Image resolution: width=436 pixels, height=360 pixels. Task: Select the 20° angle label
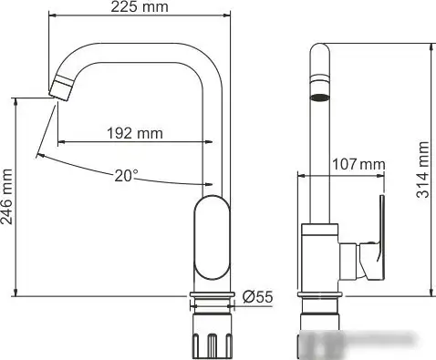pos(127,174)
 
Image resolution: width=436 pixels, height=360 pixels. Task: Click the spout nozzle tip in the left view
pos(60,89)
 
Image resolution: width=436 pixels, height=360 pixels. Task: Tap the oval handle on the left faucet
pos(215,237)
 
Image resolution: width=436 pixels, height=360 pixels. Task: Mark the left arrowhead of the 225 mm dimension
pos(52,15)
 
